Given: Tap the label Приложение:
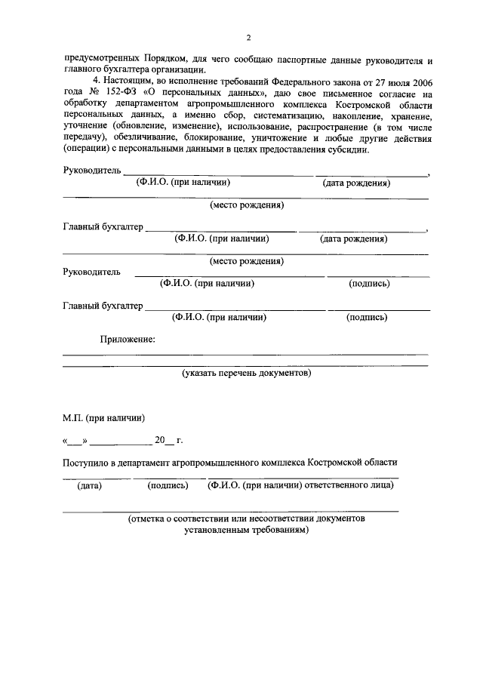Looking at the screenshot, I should [128, 340].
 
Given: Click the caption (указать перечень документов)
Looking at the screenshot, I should [246, 373].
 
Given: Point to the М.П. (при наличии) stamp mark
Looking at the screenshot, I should [103, 416].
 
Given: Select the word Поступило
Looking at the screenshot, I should [85, 461].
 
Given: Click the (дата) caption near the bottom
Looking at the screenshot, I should [90, 485].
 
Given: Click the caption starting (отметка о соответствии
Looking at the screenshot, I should [246, 519].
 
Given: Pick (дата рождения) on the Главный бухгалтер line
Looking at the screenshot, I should [354, 238].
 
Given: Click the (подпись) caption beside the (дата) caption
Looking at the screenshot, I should [168, 485].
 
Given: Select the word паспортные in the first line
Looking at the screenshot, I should [306, 58].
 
